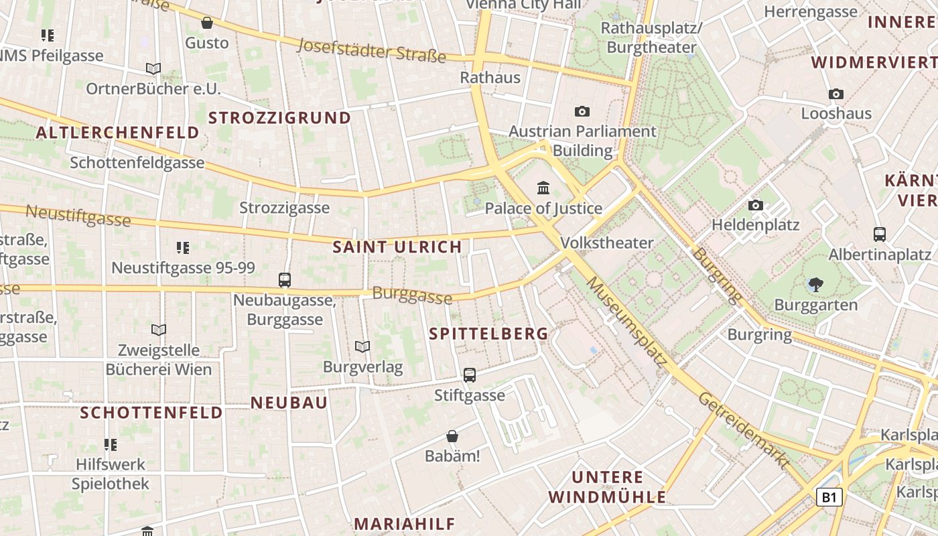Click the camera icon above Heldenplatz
point(756,206)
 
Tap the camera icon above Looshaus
point(836,94)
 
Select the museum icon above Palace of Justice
point(543,188)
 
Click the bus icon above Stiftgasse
point(470,375)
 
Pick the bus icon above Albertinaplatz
point(880,234)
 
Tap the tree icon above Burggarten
point(815,285)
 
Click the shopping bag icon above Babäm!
point(452,436)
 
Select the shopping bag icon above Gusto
point(207,23)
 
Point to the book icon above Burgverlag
point(362,346)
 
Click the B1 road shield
point(829,497)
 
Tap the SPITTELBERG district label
point(488,334)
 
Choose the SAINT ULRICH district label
point(397,247)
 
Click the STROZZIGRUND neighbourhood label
point(279,118)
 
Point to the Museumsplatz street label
point(627,322)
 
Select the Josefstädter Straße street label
point(371,50)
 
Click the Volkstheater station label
point(606,243)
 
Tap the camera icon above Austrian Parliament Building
point(582,111)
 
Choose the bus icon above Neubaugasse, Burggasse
point(285,279)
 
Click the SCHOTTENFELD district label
point(151,413)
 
